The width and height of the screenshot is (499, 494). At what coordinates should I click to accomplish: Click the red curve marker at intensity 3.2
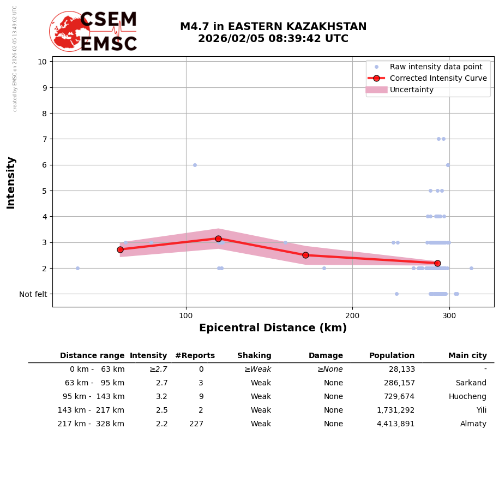coord(218,239)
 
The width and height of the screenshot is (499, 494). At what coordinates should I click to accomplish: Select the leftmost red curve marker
coord(120,249)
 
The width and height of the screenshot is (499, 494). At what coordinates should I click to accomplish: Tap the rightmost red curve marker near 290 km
coord(437,263)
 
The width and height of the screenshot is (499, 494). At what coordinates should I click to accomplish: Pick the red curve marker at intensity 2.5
coord(305,255)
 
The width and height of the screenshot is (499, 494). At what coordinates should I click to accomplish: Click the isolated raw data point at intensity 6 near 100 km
coord(195,165)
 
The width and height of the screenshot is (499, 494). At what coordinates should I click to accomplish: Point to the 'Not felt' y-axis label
coord(33,294)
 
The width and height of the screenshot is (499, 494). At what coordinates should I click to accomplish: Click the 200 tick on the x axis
coord(352,315)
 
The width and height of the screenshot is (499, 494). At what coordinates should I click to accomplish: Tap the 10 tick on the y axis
coord(42,61)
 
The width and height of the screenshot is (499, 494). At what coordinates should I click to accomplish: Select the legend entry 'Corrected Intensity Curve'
coord(438,78)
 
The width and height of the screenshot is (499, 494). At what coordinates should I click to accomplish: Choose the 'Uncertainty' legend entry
coord(411,90)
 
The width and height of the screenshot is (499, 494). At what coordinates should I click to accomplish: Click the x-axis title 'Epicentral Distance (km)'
coord(273,328)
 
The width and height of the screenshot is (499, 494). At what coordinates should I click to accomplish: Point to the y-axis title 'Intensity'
coord(11,182)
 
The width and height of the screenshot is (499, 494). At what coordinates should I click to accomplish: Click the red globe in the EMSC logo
coord(69,32)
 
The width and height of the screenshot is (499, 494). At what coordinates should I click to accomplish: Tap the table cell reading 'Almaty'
coord(473,424)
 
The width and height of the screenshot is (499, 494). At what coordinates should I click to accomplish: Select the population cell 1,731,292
coord(395,410)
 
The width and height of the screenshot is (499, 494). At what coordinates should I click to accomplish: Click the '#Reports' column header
coord(195,356)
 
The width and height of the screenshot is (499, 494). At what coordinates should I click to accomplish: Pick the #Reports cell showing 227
coord(196,424)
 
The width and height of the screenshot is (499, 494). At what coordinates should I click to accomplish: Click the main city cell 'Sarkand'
coord(471,383)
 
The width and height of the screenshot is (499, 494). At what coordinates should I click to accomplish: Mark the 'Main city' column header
coord(467,356)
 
